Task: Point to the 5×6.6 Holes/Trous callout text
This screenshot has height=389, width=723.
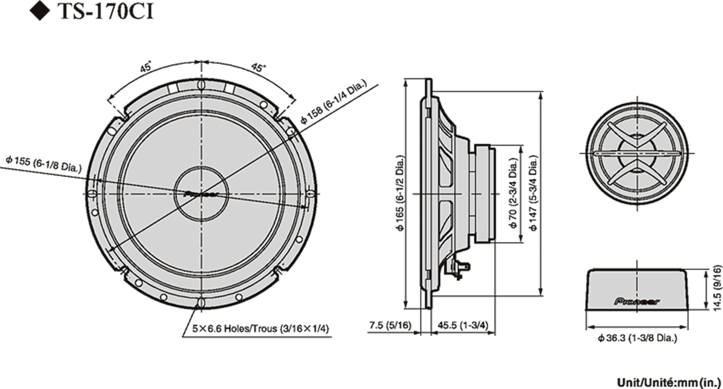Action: coord(261,328)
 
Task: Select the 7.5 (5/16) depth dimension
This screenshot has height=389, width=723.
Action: coord(389,325)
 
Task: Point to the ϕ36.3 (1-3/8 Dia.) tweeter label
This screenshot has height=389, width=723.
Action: coord(637,338)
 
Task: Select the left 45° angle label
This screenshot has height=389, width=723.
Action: coord(147,67)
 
